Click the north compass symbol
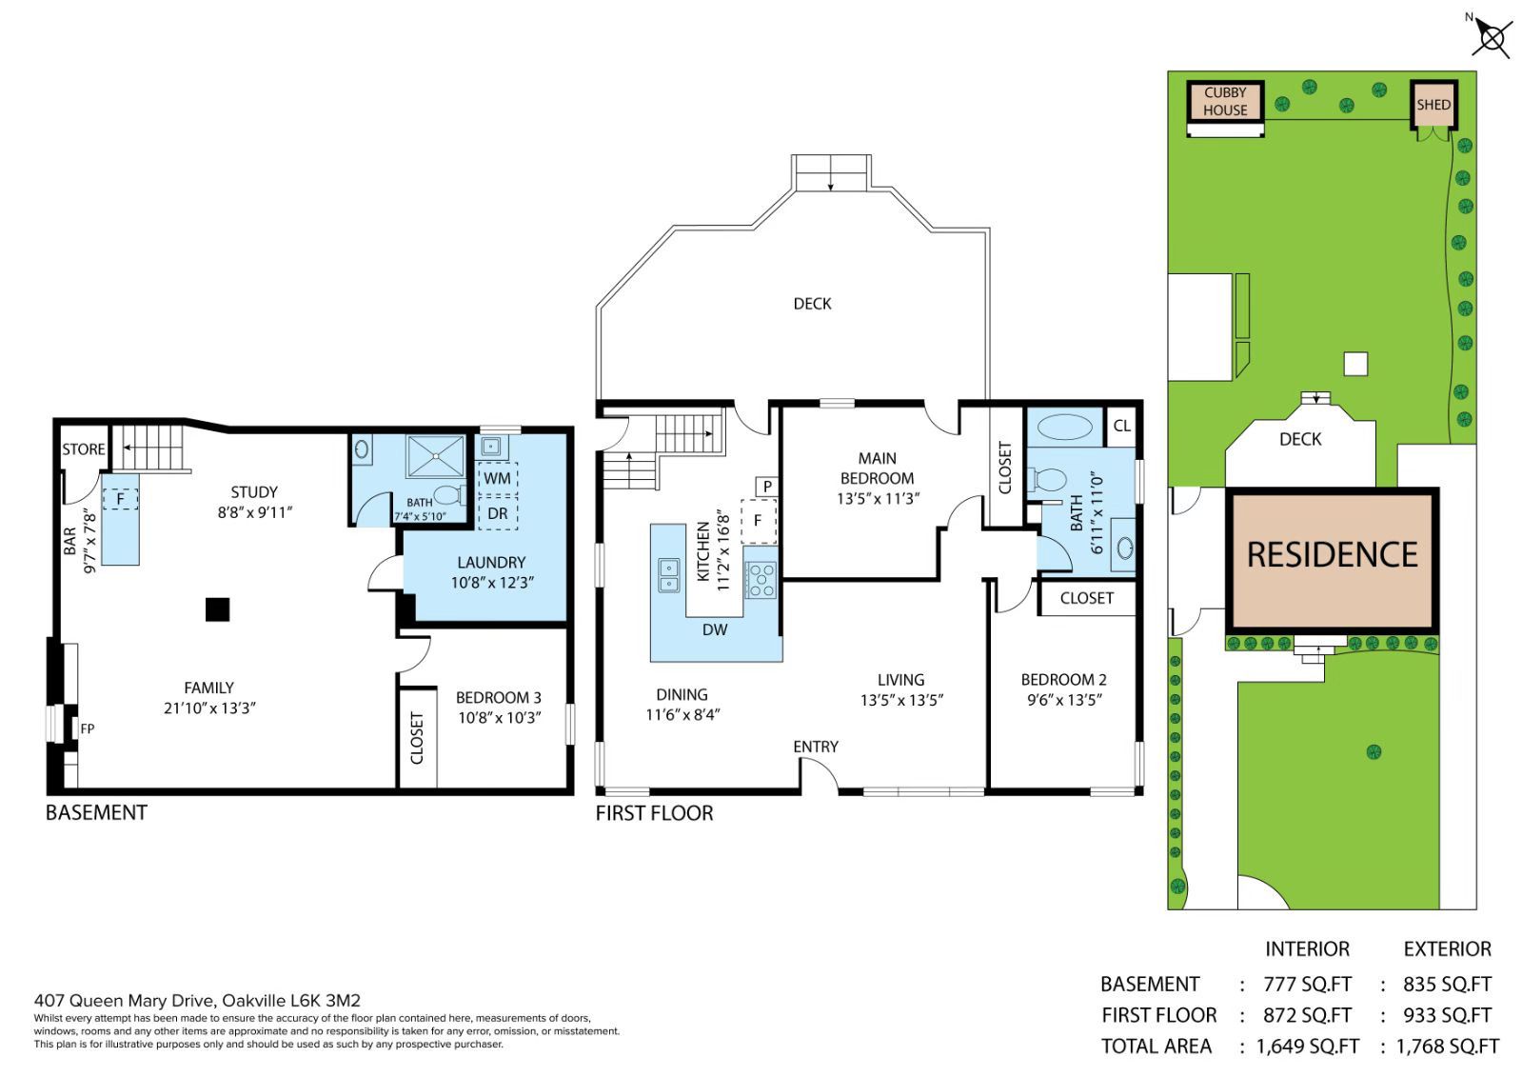point(1492,37)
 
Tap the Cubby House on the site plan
point(1226,101)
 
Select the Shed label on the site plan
point(1433,105)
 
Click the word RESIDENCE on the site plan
point(1333,555)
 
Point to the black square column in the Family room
point(217,609)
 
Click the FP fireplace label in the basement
point(88,728)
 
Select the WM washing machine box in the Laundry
point(498,478)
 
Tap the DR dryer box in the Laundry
point(498,513)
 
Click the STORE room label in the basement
point(84,449)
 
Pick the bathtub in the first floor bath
point(1065,428)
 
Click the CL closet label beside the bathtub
point(1122,426)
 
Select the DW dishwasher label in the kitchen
point(715,629)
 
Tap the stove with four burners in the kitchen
point(761,579)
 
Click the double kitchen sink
point(668,575)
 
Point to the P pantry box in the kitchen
point(767,487)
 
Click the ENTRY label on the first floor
point(816,747)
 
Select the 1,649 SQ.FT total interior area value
point(1308,1047)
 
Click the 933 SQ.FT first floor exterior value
point(1447,1015)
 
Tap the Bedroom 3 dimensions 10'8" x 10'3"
point(500,718)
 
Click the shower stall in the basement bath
point(436,455)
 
